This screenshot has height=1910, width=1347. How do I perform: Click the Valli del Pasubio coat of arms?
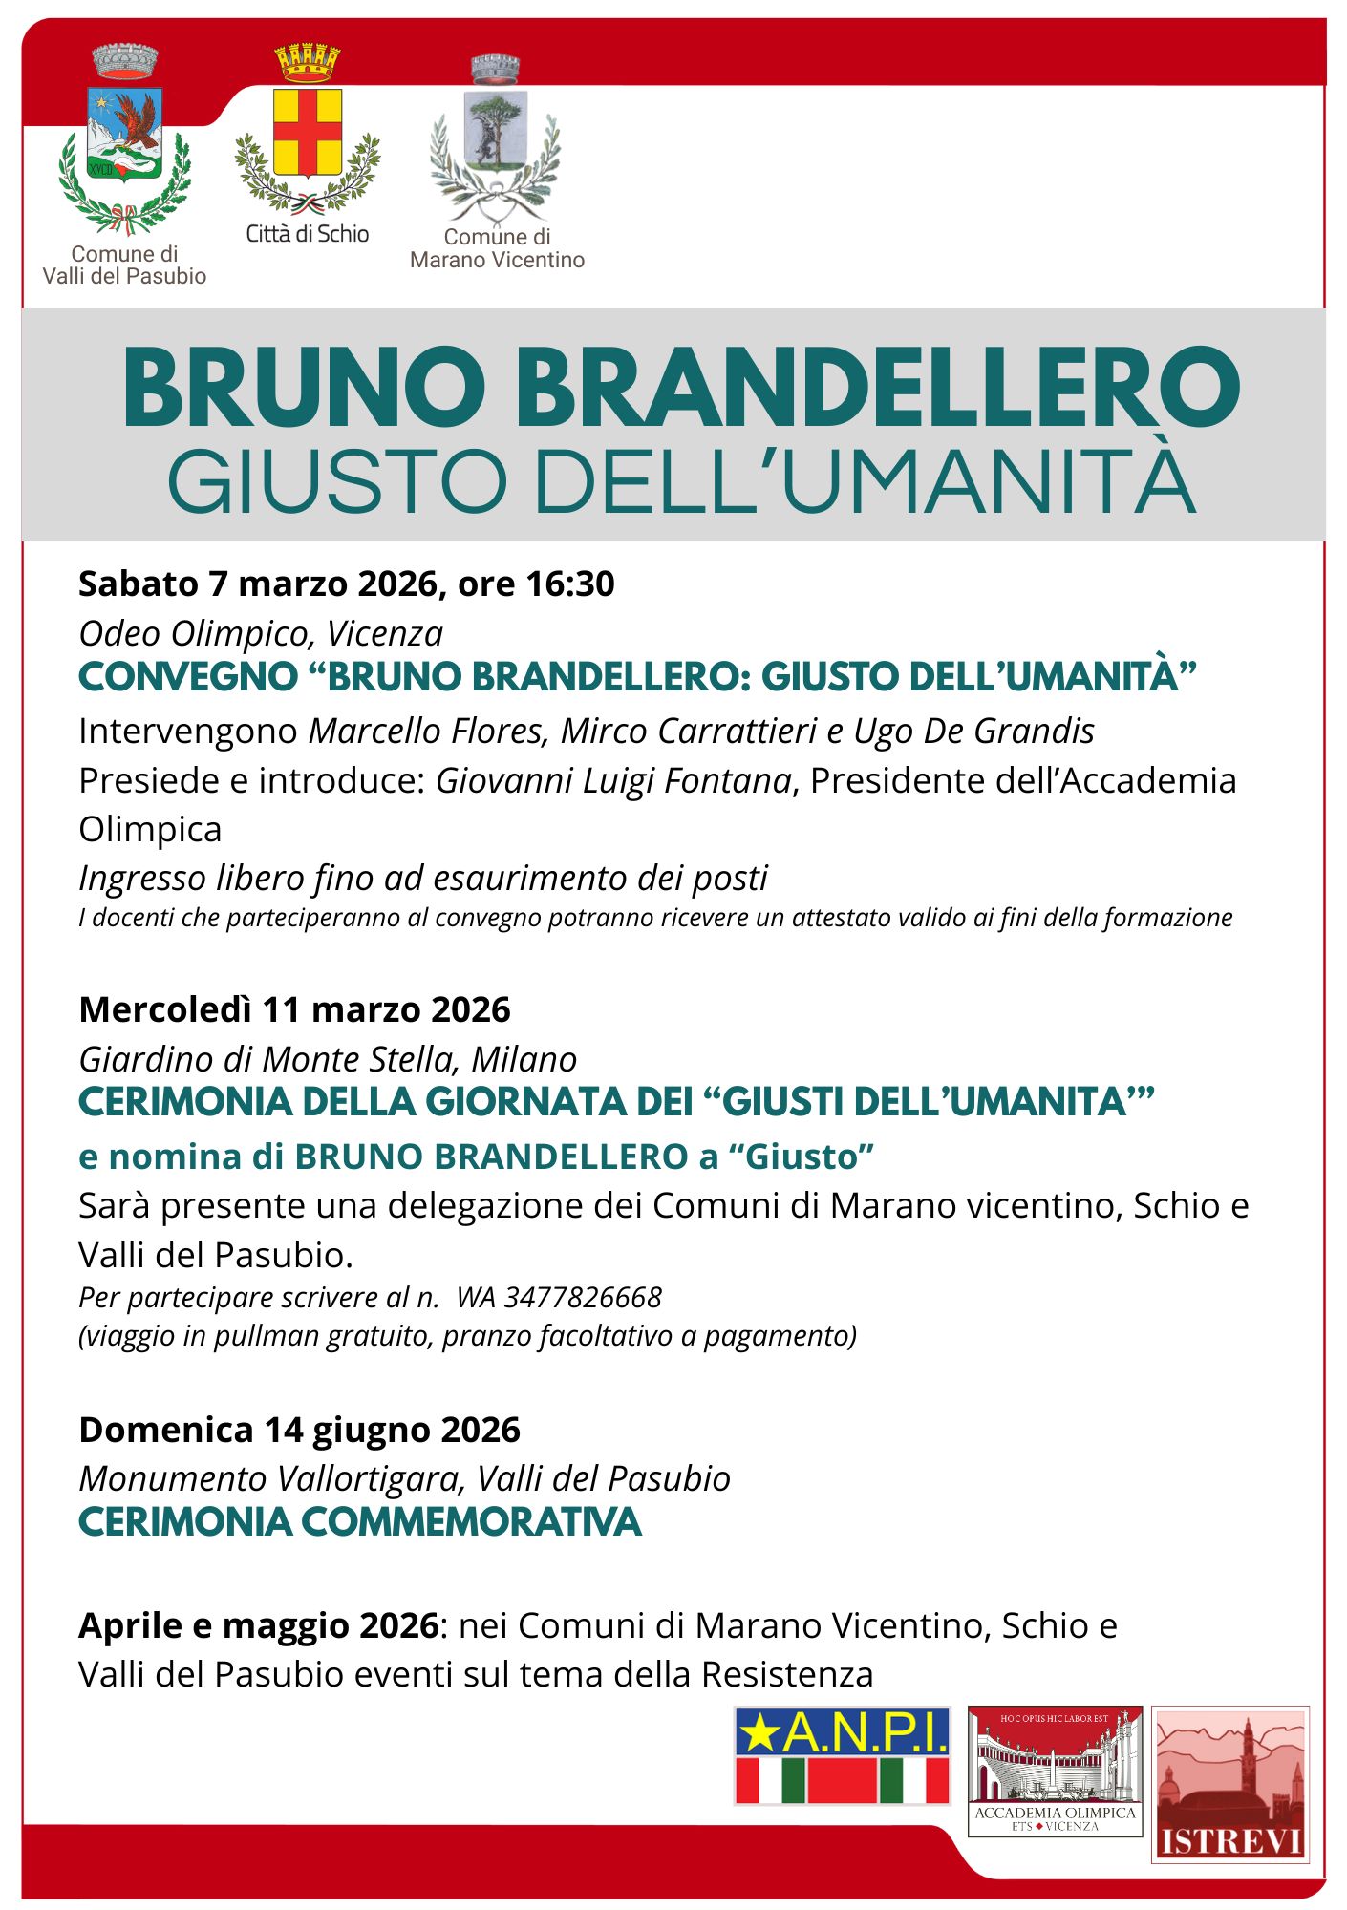(125, 143)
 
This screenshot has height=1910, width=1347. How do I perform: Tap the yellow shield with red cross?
(308, 134)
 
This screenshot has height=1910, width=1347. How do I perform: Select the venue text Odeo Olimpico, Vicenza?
(261, 633)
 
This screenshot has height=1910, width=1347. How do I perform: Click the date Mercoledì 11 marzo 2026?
(294, 1009)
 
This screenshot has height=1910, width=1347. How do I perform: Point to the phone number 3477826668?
(583, 1297)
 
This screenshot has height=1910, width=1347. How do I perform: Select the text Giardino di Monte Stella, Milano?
(328, 1059)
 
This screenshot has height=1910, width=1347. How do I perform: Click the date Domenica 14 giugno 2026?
(299, 1430)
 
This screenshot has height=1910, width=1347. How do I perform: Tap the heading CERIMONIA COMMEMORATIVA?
(359, 1522)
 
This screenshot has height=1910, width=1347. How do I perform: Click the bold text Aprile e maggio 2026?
(258, 1624)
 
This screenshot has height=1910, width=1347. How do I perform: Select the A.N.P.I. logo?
(843, 1755)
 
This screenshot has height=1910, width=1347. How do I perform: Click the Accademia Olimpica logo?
(1055, 1771)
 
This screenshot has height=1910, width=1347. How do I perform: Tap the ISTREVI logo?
(1229, 1783)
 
